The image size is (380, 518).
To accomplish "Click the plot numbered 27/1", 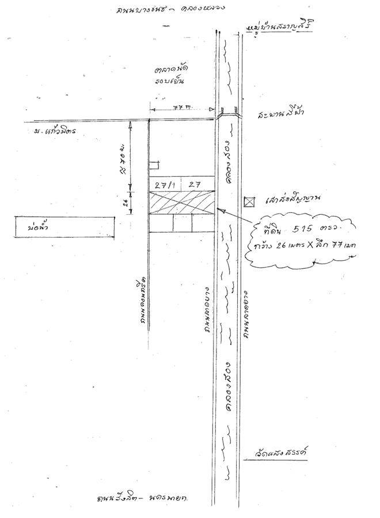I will click(165, 184).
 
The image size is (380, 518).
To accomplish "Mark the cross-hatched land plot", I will click(182, 202).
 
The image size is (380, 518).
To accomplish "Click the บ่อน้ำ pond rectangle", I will click(65, 226).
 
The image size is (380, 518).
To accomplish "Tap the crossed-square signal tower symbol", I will click(249, 201).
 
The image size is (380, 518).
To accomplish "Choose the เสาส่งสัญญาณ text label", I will click(293, 201).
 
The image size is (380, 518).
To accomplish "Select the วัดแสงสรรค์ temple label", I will click(279, 452).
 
